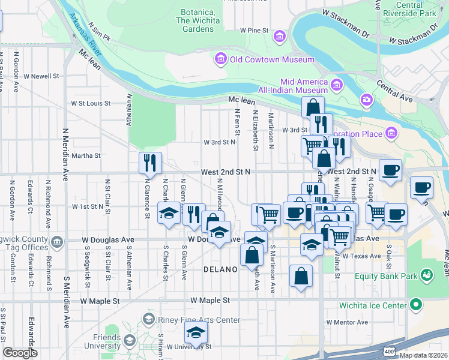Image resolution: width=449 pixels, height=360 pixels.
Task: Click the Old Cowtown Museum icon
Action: pyautogui.click(x=220, y=59)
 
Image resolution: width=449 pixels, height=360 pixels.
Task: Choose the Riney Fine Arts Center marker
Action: pyautogui.click(x=149, y=319)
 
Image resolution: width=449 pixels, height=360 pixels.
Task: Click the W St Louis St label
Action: pyautogui.click(x=91, y=103)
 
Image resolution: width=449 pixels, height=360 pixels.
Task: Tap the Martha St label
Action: pyautogui.click(x=86, y=155)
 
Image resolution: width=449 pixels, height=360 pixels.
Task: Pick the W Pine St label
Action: pyautogui.click(x=254, y=29)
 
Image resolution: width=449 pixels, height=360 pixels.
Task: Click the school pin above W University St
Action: pyautogui.click(x=196, y=332)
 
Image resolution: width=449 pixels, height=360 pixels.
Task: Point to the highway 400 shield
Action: pyautogui.click(x=390, y=349)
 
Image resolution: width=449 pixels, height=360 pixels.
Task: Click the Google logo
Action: pyautogui.click(x=20, y=352)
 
